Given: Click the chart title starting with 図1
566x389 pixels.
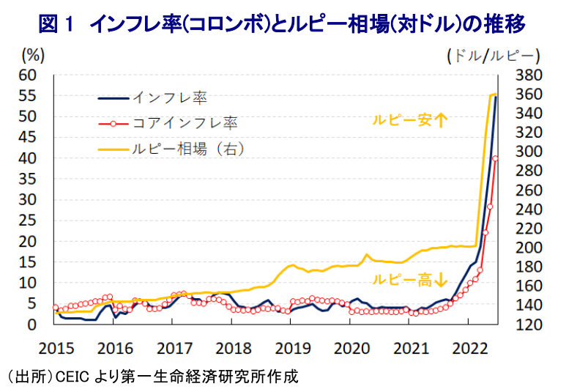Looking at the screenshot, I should (282, 23).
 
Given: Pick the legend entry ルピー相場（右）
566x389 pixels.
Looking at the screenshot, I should (187, 147).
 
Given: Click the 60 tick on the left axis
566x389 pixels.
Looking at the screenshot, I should (28, 75).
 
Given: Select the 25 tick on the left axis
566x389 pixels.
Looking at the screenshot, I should (28, 221).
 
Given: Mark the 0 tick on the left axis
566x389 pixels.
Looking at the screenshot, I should (32, 325).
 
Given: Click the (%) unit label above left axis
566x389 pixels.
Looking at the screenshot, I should (34, 54).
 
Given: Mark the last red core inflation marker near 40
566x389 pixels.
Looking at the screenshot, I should (496, 158).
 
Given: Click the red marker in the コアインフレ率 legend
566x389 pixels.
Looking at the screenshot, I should (113, 122).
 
